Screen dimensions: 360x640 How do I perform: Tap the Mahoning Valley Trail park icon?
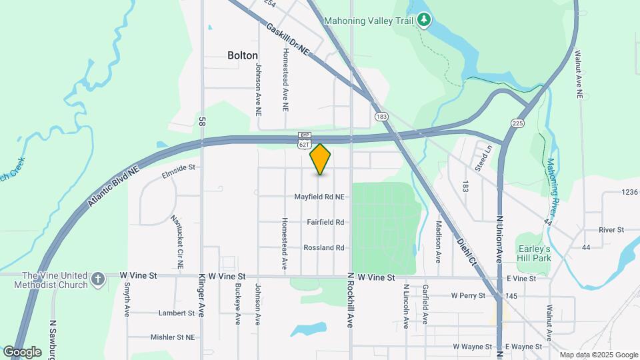pos(424,21)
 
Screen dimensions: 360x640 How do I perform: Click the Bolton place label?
pos(242,55)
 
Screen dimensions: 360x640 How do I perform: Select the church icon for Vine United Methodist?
pos(98,279)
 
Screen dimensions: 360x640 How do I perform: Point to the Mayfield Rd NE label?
pos(320,197)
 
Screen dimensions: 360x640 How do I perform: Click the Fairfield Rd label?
pos(325,222)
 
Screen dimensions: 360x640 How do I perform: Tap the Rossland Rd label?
pos(323,247)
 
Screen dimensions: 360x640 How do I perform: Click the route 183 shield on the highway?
pos(381,117)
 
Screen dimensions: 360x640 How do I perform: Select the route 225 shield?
pos(518,123)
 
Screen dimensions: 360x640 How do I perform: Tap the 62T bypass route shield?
pos(305,143)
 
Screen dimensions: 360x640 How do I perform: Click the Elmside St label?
pos(177,170)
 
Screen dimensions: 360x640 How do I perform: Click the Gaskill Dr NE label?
pos(288,39)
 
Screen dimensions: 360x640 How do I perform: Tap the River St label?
pos(611,230)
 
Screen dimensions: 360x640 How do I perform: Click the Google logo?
pos(23,351)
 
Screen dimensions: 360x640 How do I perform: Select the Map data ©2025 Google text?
pos(598,355)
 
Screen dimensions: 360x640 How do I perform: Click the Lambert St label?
pos(175,313)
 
